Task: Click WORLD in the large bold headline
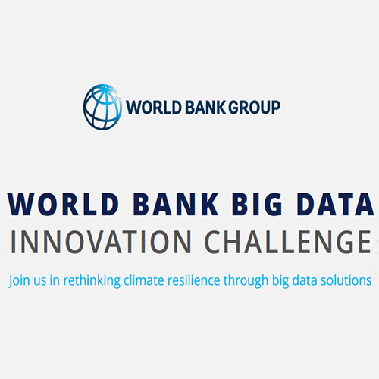(58, 205)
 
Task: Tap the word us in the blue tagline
(42, 280)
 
